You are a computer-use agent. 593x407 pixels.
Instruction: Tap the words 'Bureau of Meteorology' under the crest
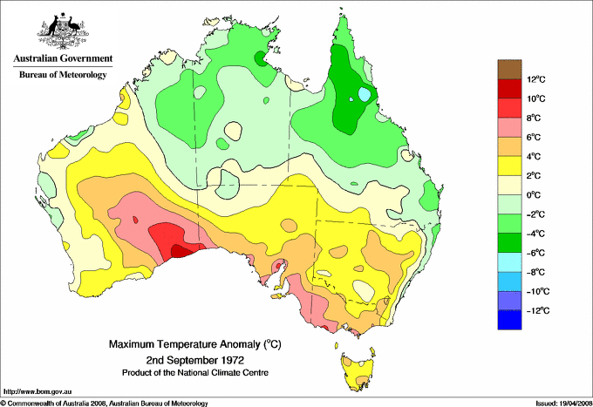click(63, 75)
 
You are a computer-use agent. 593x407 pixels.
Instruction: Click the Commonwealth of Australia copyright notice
click(105, 403)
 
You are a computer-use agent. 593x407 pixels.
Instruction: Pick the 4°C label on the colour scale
click(535, 157)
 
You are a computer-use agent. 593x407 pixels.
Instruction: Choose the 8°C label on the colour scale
click(535, 119)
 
